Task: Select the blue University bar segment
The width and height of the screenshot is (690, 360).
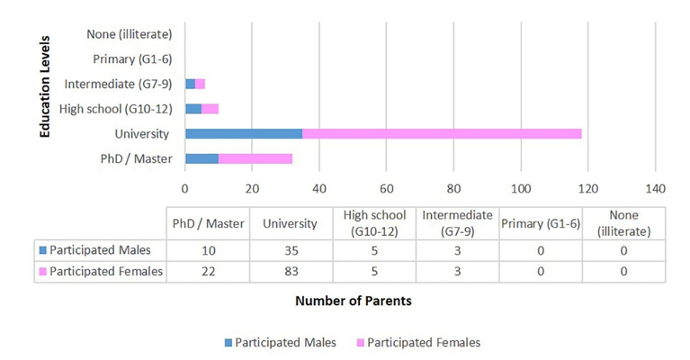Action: [244, 134]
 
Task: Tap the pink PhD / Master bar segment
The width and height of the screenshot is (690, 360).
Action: [255, 159]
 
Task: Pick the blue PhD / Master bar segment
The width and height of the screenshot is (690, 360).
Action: [202, 159]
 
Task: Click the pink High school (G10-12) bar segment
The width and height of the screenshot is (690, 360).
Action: [210, 109]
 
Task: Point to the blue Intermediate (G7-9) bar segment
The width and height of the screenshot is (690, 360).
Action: [190, 84]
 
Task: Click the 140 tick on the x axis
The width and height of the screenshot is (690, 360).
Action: [655, 189]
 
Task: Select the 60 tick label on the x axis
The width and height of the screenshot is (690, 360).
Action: [386, 189]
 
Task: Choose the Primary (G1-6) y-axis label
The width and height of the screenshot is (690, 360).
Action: [132, 59]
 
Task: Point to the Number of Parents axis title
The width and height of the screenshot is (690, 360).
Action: [354, 301]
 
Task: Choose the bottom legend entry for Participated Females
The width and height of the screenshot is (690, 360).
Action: [423, 342]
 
